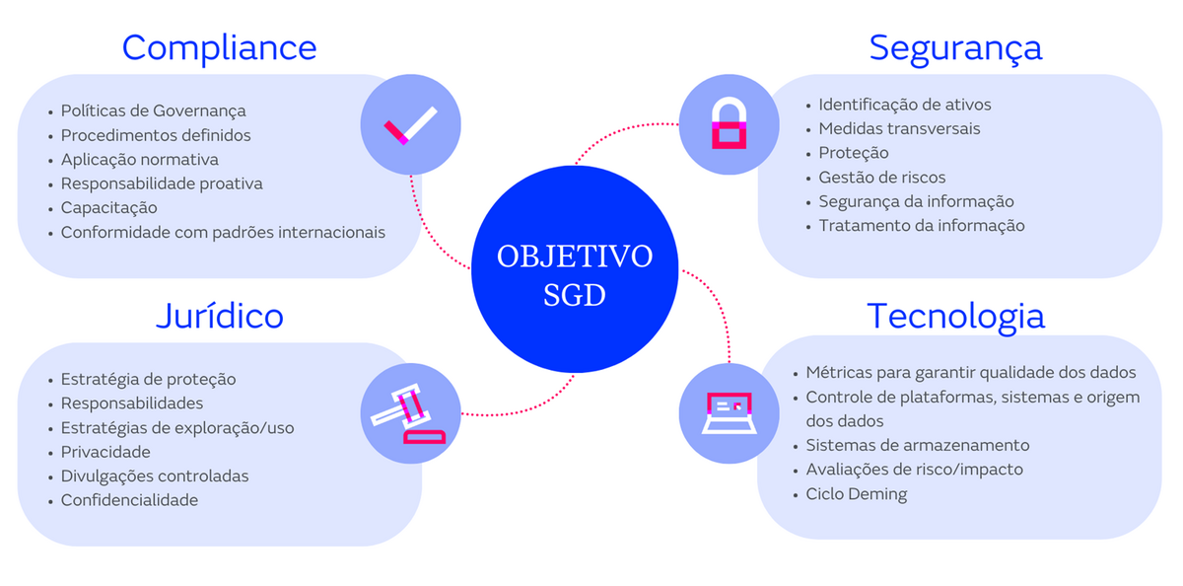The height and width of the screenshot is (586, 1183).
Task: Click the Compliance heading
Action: tap(219, 47)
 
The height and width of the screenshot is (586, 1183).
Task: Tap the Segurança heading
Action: tap(955, 47)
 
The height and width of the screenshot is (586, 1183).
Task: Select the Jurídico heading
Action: tap(219, 316)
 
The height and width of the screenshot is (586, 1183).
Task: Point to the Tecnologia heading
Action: tap(955, 316)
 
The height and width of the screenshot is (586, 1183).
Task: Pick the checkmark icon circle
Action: tap(410, 126)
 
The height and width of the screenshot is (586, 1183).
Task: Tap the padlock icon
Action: tap(729, 125)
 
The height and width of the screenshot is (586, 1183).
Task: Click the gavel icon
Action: tap(410, 413)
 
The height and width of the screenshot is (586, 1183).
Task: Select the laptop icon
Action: tap(729, 412)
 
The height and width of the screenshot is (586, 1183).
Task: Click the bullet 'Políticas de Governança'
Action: tap(153, 110)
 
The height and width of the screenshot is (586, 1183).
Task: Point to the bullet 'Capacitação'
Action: tap(108, 207)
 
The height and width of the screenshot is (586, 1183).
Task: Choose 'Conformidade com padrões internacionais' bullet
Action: tap(223, 232)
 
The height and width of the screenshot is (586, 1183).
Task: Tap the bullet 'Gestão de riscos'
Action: tap(881, 178)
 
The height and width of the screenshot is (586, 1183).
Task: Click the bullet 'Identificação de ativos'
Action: tap(904, 105)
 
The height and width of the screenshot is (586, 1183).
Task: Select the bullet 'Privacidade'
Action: tap(105, 452)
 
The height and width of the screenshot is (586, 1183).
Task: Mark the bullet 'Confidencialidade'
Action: tap(129, 500)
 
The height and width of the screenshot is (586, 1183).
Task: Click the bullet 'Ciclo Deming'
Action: tap(856, 494)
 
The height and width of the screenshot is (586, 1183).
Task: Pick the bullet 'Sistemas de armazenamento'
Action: tap(917, 445)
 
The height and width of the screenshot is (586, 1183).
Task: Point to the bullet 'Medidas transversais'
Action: tap(899, 128)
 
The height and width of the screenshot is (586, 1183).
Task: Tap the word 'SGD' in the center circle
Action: tap(575, 295)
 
